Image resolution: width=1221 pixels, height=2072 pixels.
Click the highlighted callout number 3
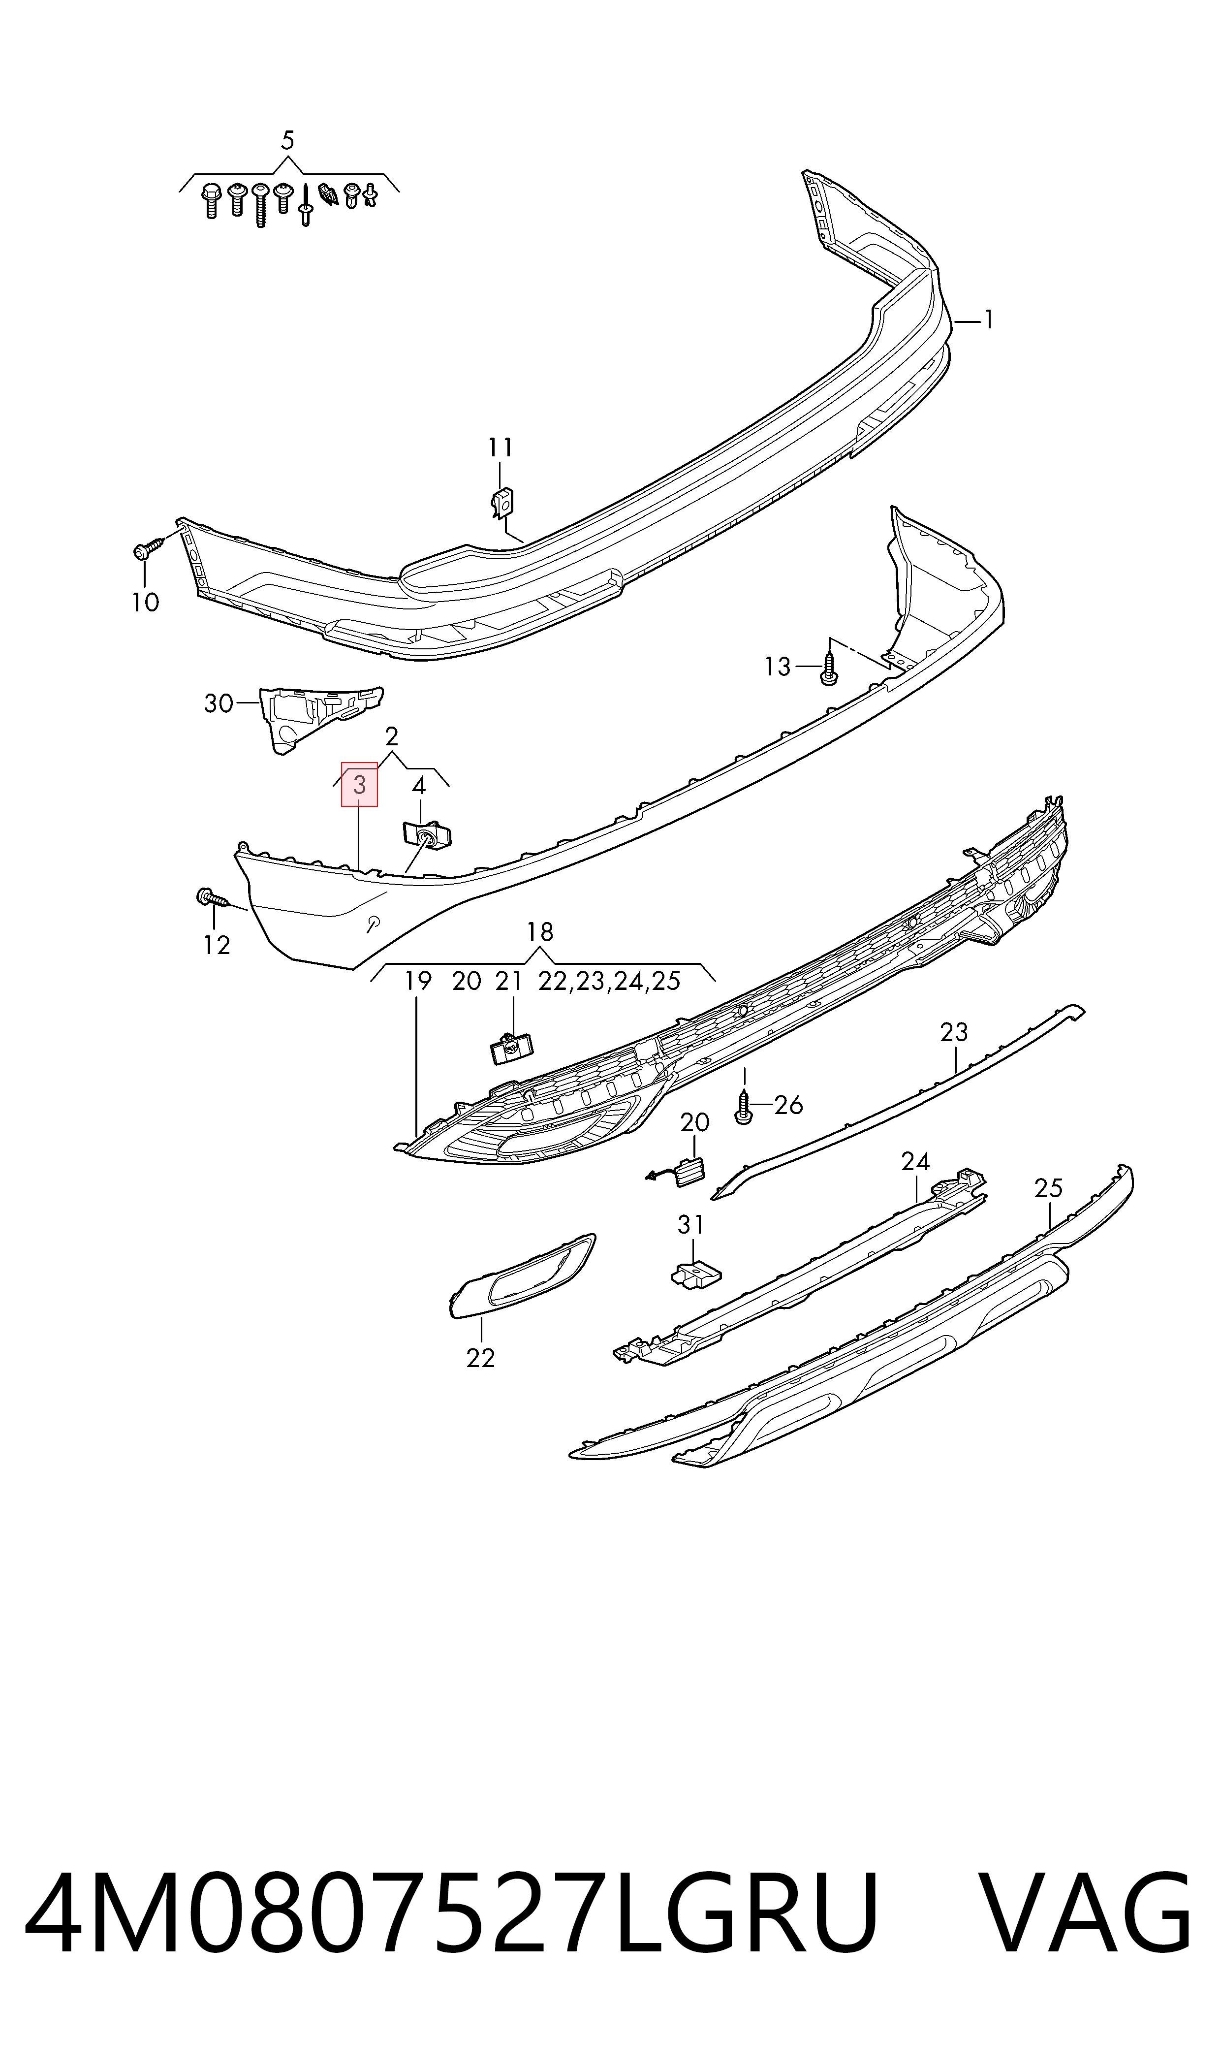coord(360,785)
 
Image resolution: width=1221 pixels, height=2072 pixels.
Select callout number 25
coord(1049,1187)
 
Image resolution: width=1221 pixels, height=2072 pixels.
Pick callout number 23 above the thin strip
coord(954,1032)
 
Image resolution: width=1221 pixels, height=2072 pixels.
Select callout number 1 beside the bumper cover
coord(988,319)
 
